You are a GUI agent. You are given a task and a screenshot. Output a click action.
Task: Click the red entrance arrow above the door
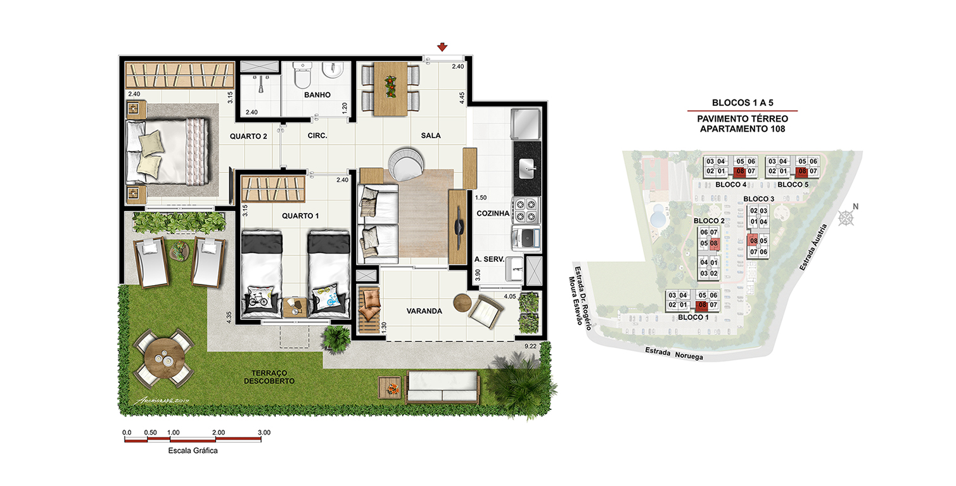[442, 47]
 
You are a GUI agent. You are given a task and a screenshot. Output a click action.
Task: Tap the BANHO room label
[317, 94]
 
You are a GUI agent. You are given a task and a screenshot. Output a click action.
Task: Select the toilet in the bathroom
[302, 75]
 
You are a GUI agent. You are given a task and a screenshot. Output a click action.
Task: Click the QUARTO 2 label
[248, 136]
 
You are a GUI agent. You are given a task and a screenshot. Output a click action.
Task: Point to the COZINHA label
[493, 214]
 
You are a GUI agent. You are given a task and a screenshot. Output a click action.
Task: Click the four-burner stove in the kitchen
[526, 210]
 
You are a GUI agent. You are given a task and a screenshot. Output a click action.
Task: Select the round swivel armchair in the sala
[406, 163]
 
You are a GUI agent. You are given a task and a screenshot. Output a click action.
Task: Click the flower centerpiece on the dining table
[390, 87]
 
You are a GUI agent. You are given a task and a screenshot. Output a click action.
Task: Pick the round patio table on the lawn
[164, 357]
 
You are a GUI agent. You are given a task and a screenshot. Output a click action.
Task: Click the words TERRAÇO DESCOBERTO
[269, 377]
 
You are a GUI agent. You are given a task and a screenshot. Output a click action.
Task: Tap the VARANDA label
[424, 311]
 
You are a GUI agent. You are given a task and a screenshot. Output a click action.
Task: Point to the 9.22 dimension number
[530, 346]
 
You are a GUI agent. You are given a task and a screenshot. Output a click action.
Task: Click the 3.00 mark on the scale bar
[264, 432]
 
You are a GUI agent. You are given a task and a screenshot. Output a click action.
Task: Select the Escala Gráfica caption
[193, 451]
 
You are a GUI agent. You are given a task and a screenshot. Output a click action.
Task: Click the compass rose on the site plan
[846, 218]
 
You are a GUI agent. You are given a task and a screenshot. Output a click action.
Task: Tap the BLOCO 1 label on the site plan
[694, 317]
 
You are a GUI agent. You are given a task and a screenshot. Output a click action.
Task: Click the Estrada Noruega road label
[674, 354]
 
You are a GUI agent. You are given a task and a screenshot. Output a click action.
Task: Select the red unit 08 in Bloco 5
[802, 172]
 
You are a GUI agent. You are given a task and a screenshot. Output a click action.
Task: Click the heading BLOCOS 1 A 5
[742, 103]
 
